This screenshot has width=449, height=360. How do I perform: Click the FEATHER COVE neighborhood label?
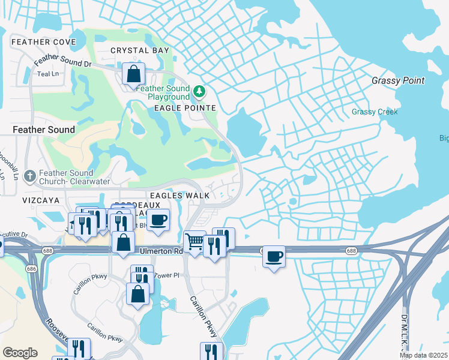click(43, 42)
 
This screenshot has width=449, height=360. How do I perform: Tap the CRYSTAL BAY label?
click(139, 51)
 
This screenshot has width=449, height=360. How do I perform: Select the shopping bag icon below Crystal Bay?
click(134, 75)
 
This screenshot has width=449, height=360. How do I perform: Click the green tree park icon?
click(199, 92)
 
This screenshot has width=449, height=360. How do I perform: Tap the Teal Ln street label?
click(47, 74)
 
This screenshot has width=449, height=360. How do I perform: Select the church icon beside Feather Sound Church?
click(29, 176)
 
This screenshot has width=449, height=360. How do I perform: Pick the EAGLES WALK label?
click(179, 196)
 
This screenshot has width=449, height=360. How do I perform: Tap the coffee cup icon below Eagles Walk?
click(158, 220)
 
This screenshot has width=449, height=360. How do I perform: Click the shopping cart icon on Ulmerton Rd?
click(194, 242)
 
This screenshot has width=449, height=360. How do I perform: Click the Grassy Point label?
click(397, 80)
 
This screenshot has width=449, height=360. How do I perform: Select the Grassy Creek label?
click(375, 112)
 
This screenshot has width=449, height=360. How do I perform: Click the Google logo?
click(20, 353)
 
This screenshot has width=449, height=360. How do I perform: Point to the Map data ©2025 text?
click(423, 355)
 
